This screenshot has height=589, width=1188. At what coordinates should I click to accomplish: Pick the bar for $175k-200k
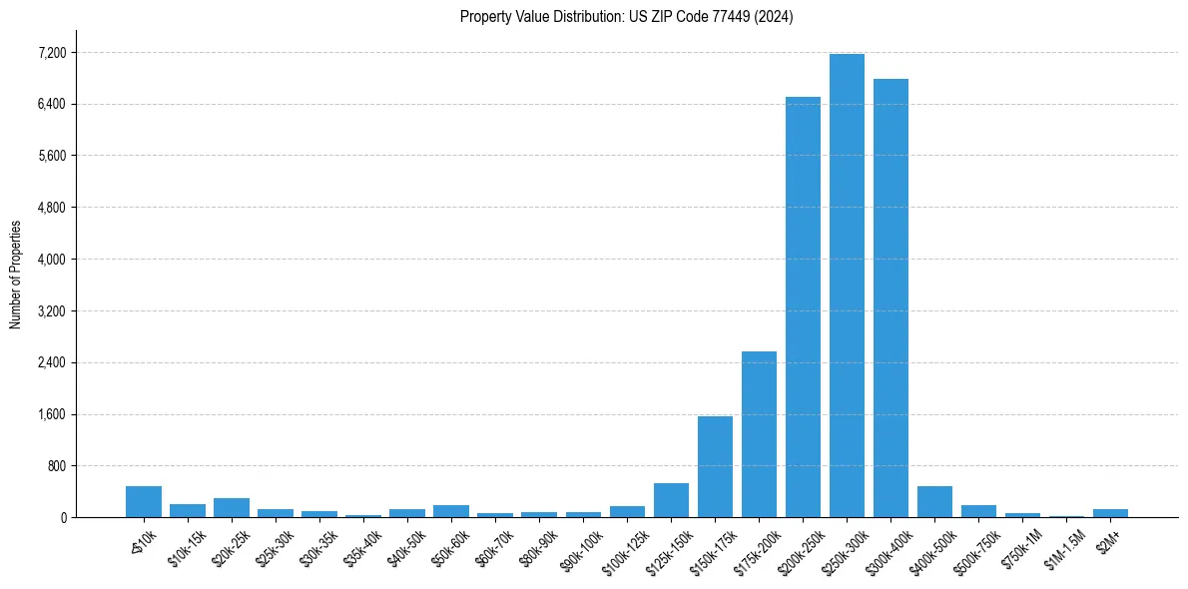[x=759, y=434]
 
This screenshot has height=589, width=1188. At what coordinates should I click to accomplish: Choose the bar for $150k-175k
[x=715, y=466]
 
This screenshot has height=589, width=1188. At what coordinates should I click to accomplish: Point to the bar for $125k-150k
[x=671, y=500]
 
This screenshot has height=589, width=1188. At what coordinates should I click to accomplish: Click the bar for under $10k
[x=144, y=501]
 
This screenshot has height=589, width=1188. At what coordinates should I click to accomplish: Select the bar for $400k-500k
[x=934, y=501]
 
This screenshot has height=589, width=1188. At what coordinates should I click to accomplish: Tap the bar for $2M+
[x=1110, y=513]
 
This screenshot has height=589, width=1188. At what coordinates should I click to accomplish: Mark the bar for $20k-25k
[x=232, y=507]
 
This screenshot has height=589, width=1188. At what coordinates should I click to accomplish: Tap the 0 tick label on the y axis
[x=62, y=518]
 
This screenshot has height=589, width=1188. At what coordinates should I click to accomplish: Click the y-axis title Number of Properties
[x=15, y=274]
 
